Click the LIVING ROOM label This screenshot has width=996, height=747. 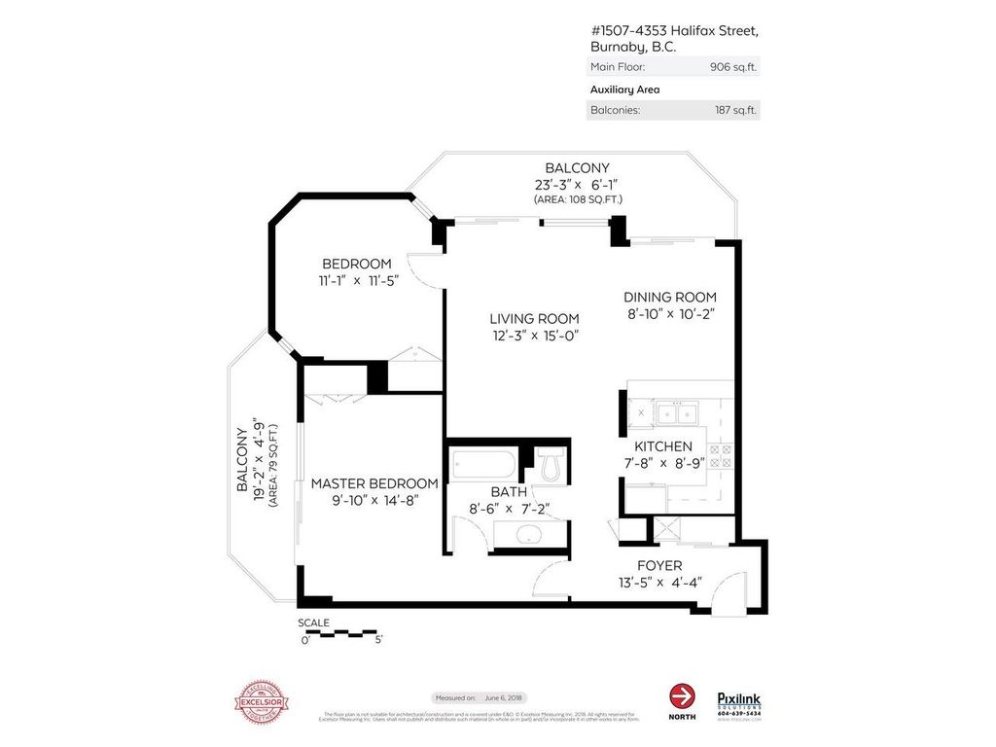click(534, 318)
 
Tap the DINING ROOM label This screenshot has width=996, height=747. click(669, 297)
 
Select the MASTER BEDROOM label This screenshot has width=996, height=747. click(373, 483)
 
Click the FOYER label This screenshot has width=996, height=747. click(658, 565)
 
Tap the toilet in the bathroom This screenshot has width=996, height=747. click(551, 466)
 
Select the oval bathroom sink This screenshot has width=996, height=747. click(529, 534)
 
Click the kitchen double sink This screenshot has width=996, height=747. click(679, 415)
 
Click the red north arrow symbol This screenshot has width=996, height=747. click(683, 696)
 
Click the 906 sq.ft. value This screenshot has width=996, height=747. click(734, 67)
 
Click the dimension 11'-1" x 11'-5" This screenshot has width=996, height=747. click(357, 281)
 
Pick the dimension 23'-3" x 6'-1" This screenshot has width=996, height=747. click(577, 184)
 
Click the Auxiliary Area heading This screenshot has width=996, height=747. click(624, 89)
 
